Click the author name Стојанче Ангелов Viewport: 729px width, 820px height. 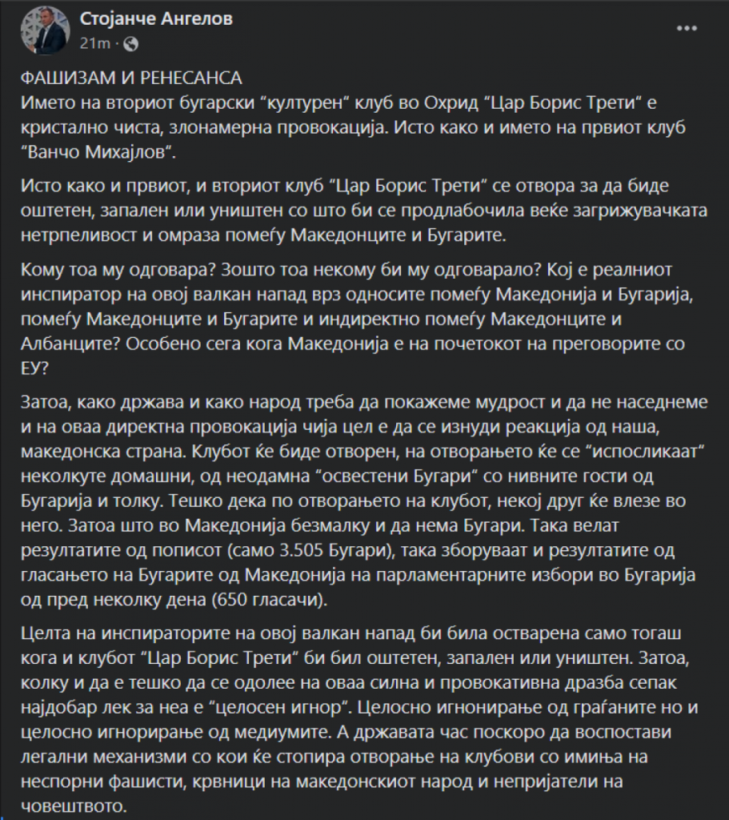pos(156,19)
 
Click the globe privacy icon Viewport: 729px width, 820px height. pos(132,42)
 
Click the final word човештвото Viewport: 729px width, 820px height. pos(70,803)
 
